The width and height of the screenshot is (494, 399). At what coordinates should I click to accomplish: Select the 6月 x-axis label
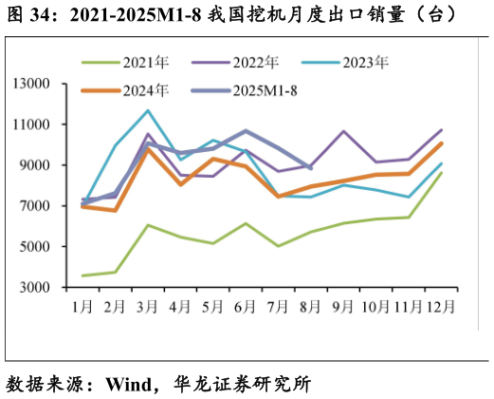246,307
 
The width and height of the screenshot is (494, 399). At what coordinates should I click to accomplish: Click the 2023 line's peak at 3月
147,110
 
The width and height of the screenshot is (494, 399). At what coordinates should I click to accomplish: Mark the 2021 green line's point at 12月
441,173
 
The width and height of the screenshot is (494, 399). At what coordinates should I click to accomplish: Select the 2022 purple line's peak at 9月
343,131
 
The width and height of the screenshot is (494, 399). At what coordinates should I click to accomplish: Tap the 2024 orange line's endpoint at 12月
441,143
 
